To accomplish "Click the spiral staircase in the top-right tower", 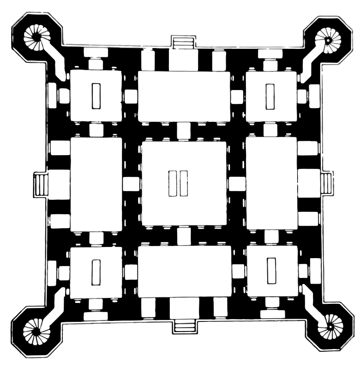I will tap(328, 40).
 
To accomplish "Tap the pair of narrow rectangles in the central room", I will tap(178, 183).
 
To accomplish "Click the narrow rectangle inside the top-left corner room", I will tap(96, 96).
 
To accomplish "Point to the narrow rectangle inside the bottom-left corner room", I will tap(96, 272).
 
